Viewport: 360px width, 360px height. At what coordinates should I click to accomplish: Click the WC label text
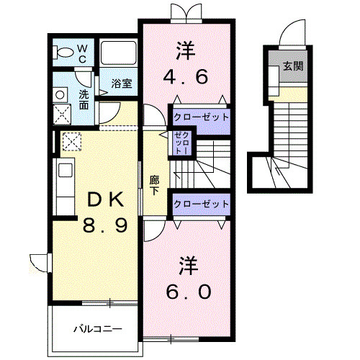(x=82, y=54)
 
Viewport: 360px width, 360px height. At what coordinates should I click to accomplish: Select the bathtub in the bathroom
(x=118, y=53)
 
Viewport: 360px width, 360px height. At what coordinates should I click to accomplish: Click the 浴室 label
(x=122, y=84)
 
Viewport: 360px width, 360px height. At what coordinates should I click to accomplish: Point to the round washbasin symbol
(x=60, y=95)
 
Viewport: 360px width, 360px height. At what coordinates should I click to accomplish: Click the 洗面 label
(x=84, y=99)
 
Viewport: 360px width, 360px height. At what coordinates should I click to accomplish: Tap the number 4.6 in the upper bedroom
(x=185, y=77)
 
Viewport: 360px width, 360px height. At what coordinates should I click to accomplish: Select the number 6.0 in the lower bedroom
(x=189, y=292)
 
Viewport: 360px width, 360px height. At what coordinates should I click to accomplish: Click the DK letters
(x=106, y=199)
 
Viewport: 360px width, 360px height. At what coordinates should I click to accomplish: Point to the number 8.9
(x=105, y=225)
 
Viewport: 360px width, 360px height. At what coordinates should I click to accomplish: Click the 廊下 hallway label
(x=154, y=185)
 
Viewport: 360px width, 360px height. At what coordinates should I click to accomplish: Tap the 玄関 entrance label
(x=293, y=66)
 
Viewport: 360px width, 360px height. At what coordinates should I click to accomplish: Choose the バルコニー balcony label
(x=98, y=328)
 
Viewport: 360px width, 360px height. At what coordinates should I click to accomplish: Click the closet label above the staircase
(x=201, y=117)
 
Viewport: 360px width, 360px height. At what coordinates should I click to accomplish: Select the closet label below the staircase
(x=201, y=204)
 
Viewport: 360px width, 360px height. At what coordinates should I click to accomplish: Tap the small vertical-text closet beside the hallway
(x=182, y=143)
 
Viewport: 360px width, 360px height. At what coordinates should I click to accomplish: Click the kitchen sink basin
(x=66, y=170)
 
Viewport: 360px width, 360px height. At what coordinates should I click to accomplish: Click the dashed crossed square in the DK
(x=72, y=141)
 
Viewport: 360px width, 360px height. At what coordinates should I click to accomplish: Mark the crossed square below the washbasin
(x=62, y=114)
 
